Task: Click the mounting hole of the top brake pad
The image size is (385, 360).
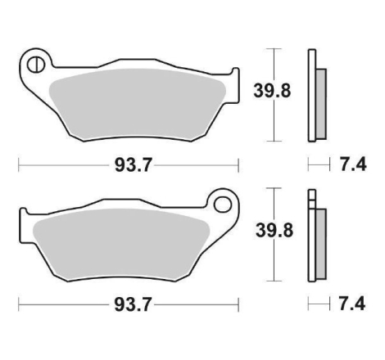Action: (36, 65)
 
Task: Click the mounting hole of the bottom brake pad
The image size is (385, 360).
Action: (223, 205)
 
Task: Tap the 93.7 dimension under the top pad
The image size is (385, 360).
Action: (133, 165)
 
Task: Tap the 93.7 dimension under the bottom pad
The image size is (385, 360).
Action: (133, 304)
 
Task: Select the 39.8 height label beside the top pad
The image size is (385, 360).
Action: (272, 91)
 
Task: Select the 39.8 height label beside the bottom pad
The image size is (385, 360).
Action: (274, 231)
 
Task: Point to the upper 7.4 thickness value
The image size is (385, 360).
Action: (353, 165)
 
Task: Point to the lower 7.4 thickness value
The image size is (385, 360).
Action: (352, 304)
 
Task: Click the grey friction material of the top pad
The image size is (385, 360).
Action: (137, 105)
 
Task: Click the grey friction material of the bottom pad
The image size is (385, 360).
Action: (121, 245)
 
